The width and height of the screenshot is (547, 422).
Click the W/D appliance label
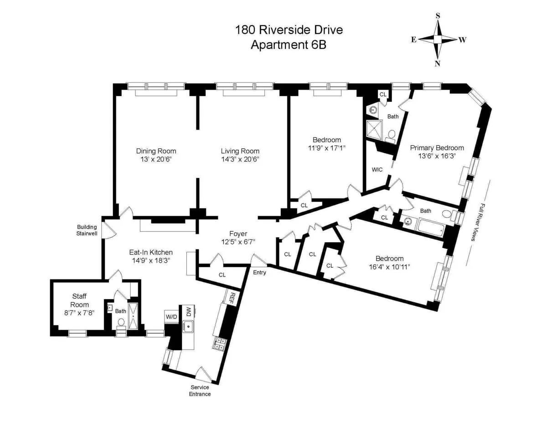pos(171,316)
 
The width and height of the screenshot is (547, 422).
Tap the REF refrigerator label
pos(232,298)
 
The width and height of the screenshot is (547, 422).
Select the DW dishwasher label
pos(188,311)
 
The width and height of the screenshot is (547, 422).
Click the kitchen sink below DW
pos(188,326)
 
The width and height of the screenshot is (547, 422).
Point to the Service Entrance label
pos(200,391)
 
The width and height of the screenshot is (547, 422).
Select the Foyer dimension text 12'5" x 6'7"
pos(238,242)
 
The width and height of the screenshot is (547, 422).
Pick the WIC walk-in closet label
pos(377,169)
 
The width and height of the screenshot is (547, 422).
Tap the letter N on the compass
pos(437,64)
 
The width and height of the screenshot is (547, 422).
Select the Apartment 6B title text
pos(289,45)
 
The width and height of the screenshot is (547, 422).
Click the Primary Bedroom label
pos(437,147)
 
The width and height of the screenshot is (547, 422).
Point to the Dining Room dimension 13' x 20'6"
pos(156,159)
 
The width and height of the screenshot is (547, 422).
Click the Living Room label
pos(240,151)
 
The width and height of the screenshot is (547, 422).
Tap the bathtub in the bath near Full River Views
pos(430,226)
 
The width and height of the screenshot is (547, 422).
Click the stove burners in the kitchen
pos(219,343)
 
